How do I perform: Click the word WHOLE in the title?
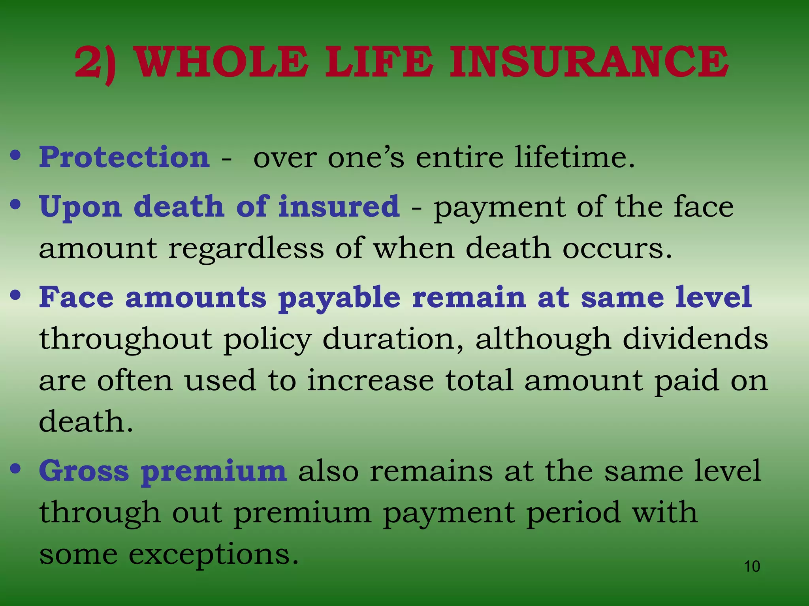(x=222, y=62)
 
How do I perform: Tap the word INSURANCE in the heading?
(x=589, y=62)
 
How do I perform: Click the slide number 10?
(x=752, y=567)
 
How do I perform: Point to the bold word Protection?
(x=124, y=157)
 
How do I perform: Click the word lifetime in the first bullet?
(x=574, y=157)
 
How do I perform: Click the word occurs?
(x=617, y=249)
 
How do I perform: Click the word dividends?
(x=695, y=339)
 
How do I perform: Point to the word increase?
(x=371, y=380)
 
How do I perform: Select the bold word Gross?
(x=84, y=471)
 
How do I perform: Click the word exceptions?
(x=213, y=554)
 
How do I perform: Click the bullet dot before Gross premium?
(x=15, y=469)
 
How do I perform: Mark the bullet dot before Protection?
(x=15, y=155)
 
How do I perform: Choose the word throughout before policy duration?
(x=126, y=339)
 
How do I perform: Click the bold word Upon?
(x=81, y=207)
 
